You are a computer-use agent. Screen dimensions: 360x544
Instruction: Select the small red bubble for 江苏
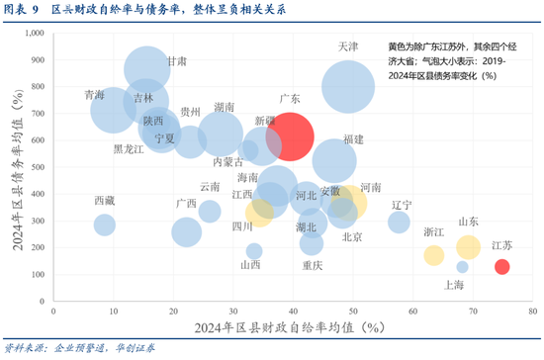501,266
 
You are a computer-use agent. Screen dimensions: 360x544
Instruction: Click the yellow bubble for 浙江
433,255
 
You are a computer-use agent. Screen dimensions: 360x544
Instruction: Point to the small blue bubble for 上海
462,267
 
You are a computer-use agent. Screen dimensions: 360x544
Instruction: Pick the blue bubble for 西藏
105,225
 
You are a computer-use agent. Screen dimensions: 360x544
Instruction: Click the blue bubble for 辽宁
399,222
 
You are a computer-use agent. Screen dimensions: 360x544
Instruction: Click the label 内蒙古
228,161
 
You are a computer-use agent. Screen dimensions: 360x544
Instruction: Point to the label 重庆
313,265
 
